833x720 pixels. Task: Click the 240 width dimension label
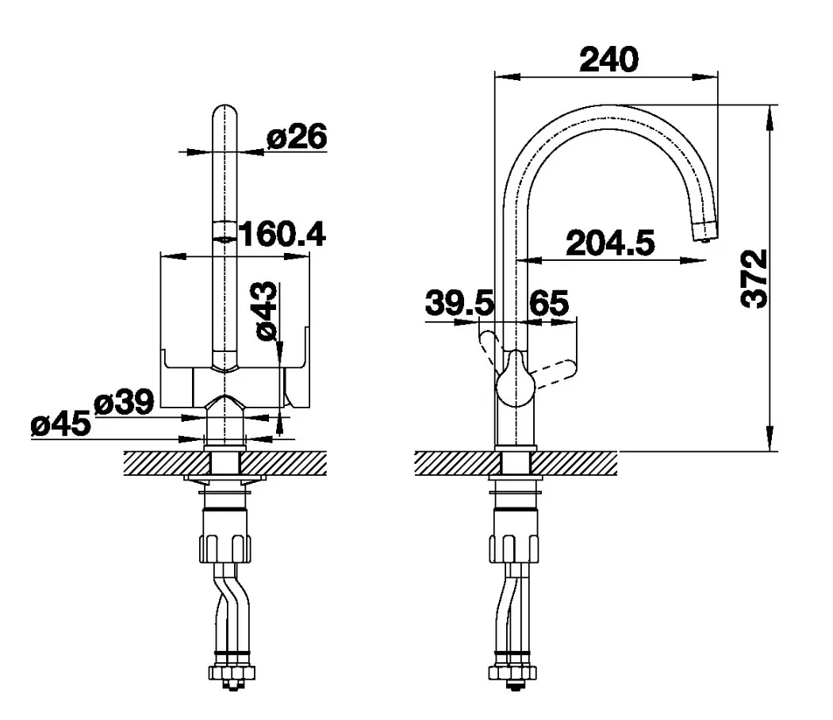(x=608, y=59)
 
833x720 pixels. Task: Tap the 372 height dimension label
(x=754, y=278)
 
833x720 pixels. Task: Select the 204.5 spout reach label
(x=610, y=243)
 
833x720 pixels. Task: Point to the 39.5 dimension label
(x=459, y=303)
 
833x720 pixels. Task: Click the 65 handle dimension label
(x=549, y=303)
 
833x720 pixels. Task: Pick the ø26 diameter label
(x=297, y=137)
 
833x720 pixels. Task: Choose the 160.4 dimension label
(x=282, y=234)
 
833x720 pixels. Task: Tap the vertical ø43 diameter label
(x=266, y=311)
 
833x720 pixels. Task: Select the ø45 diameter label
(x=60, y=424)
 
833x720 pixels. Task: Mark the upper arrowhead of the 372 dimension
(x=770, y=118)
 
